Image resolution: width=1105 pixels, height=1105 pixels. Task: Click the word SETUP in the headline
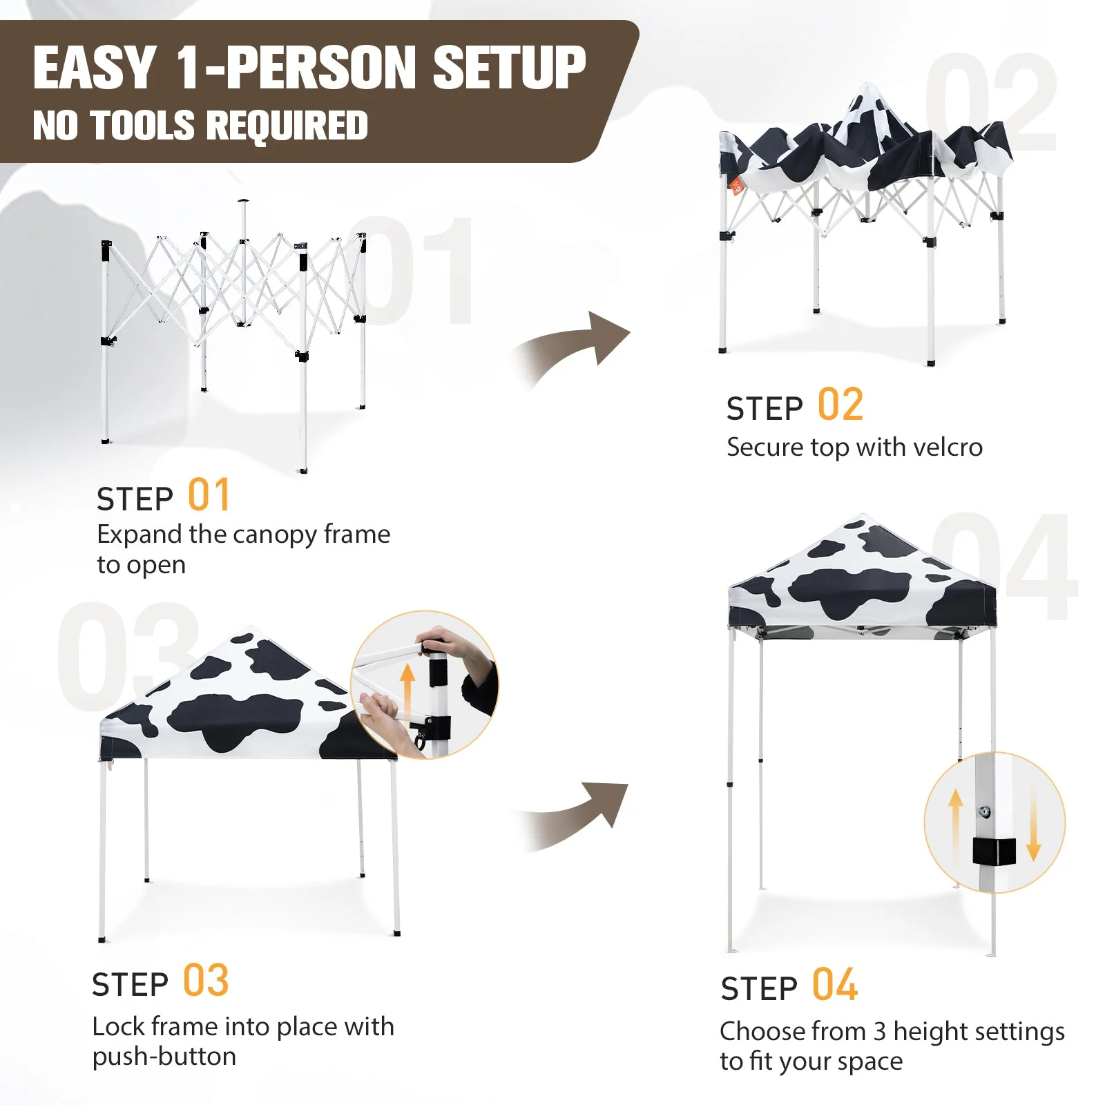509,68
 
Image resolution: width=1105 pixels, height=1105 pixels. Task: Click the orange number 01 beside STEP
209,495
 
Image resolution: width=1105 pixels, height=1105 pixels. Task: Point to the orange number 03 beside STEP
206,981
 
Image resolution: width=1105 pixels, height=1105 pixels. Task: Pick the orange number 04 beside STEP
835,985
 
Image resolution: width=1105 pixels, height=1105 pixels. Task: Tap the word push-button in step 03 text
164,1057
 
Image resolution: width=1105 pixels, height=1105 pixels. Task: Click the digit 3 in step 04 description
879,1031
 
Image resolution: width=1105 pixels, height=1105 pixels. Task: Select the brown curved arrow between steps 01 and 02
573,349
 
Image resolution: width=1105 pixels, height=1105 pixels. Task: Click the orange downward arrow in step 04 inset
1033,825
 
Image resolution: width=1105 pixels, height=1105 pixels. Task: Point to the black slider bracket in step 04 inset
995,851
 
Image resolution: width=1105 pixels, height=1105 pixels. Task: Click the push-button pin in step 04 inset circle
986,811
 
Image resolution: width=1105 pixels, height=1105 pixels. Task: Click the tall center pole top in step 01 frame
242,204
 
